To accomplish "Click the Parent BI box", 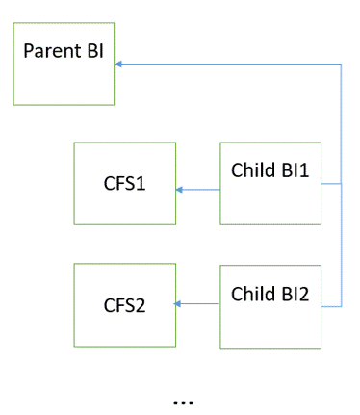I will pos(64,65).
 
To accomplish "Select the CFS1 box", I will pos(125,183).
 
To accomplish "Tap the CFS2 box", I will pos(125,305).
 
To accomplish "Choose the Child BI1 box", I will pos(270,183).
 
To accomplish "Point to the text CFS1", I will pos(125,183).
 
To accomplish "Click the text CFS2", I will pos(125,306).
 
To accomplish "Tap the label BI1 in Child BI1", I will pos(294,170).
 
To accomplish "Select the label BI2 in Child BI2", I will pos(294,294).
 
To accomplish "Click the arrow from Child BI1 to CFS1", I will pos(198,190).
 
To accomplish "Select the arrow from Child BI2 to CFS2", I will pos(198,304).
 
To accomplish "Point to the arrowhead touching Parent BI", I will pos(119,65).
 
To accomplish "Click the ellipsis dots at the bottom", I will pos(183,401).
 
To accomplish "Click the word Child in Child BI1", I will pos(252,170).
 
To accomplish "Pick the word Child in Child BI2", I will pos(252,294).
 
